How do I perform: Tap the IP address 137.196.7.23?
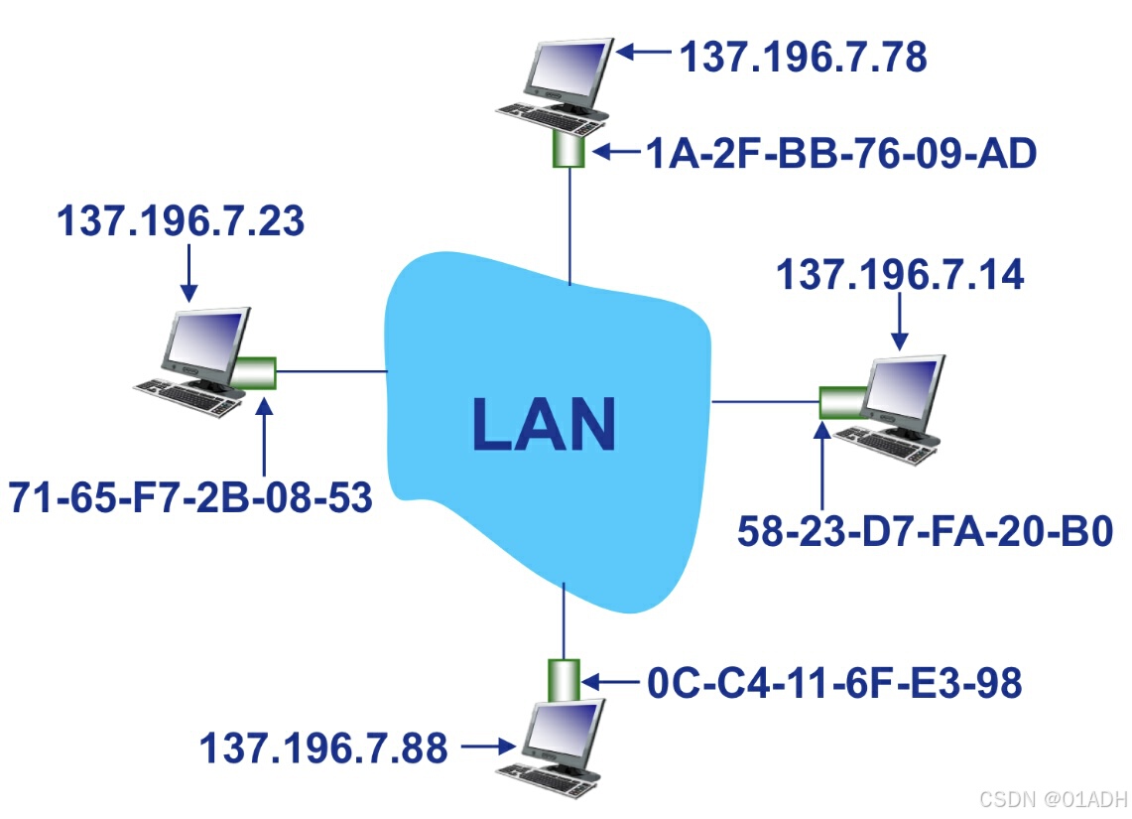180,221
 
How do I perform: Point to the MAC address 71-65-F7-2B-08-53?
190,496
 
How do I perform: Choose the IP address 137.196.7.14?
899,275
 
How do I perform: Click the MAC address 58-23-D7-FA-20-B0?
925,531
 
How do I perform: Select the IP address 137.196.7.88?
323,748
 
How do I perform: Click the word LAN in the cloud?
544,424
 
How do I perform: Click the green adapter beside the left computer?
255,373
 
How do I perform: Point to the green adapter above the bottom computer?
564,679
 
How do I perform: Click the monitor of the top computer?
566,71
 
